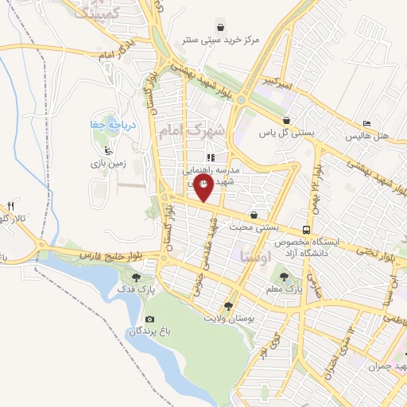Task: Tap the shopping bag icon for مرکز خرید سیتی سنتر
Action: pos(230,26)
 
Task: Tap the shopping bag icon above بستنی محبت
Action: pos(254,215)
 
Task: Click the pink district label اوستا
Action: pos(256,257)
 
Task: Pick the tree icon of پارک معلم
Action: pos(284,277)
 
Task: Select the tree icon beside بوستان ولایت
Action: pos(229,306)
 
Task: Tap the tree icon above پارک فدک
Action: pos(138,277)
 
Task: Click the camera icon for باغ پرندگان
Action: pos(150,319)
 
